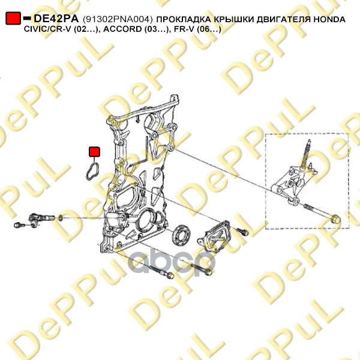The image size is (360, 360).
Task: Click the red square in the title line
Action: click(13, 18)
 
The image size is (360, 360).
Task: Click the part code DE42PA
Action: click(56, 19)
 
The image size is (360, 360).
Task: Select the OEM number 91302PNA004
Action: click(118, 20)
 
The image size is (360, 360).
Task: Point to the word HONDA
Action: click(329, 20)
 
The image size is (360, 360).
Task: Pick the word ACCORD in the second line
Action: click(122, 29)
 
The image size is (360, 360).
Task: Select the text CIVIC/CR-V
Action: click(48, 29)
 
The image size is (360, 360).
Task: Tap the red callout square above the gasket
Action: click(94, 152)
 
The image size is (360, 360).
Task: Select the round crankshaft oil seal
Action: click(181, 235)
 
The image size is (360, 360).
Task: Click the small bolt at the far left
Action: click(20, 225)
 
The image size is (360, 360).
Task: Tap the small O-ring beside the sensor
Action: click(61, 218)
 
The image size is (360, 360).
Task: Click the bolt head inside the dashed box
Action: click(336, 219)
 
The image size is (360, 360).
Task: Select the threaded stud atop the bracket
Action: click(305, 154)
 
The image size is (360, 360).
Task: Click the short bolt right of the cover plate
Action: click(242, 231)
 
